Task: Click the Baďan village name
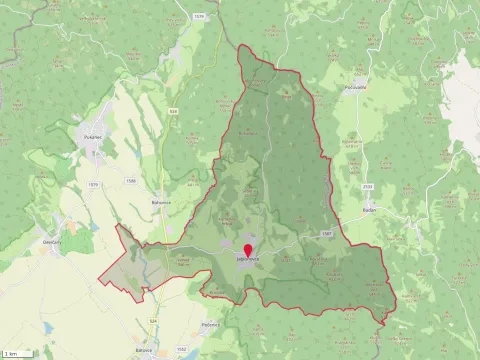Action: [369, 211]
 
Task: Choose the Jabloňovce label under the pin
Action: [248, 259]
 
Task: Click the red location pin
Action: [248, 249]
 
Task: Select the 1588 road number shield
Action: [131, 181]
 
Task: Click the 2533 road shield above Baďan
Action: [367, 186]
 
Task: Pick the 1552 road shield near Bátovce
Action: [181, 349]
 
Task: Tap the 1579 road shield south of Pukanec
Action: [93, 184]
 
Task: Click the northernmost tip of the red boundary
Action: [240, 44]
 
